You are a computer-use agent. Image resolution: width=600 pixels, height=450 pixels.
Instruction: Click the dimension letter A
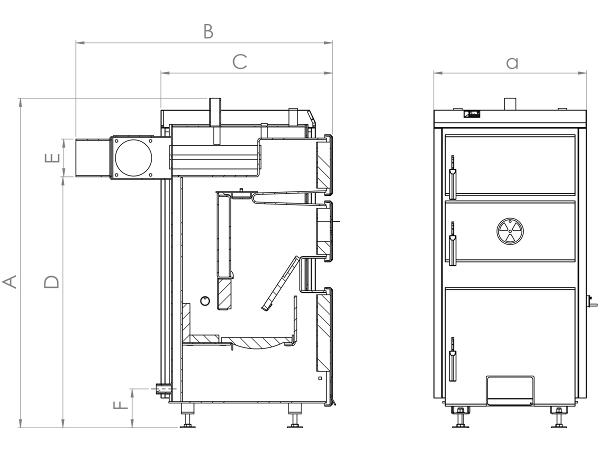click(x=9, y=281)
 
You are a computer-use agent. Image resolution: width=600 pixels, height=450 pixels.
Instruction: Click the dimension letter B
click(x=208, y=31)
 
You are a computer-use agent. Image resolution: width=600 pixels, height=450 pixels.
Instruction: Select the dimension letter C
click(x=239, y=61)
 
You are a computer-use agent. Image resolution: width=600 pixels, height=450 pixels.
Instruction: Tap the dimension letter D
click(x=51, y=281)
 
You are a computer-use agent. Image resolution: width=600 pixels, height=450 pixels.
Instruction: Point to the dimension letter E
click(x=52, y=158)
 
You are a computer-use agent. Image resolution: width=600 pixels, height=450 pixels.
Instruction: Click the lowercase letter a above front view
click(x=512, y=63)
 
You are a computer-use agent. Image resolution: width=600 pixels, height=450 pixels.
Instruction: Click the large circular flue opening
click(x=133, y=158)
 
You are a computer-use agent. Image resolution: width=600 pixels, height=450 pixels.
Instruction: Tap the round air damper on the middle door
click(x=510, y=231)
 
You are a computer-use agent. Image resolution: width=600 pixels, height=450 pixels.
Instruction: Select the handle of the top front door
click(x=452, y=177)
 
